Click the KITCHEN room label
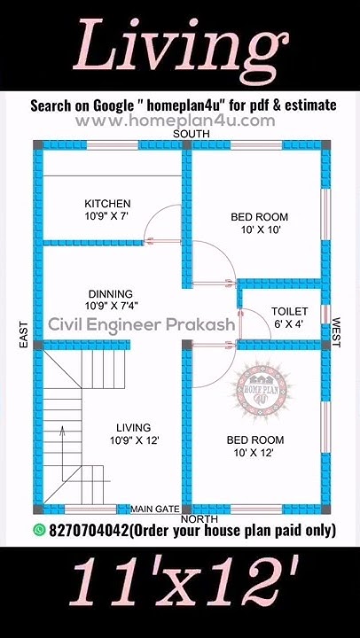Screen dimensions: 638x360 click(x=107, y=203)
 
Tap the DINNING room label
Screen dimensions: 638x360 click(x=111, y=293)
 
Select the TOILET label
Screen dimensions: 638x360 click(x=289, y=311)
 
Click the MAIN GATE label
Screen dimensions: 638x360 click(x=154, y=509)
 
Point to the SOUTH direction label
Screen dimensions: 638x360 click(x=192, y=133)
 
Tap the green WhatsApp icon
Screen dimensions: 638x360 click(x=39, y=530)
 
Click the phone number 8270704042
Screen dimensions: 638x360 click(x=88, y=531)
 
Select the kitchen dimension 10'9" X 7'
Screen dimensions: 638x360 click(x=107, y=216)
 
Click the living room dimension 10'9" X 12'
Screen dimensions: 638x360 click(x=135, y=440)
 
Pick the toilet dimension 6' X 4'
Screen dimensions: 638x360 click(x=289, y=324)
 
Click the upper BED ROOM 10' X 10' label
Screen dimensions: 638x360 click(x=259, y=223)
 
